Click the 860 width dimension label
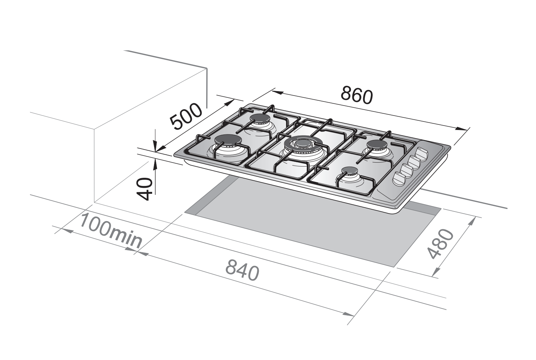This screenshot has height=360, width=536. coord(357,96)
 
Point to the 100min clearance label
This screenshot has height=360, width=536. coord(111,231)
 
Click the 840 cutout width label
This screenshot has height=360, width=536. coord(242,270)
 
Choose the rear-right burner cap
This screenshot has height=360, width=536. coord(377,145)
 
